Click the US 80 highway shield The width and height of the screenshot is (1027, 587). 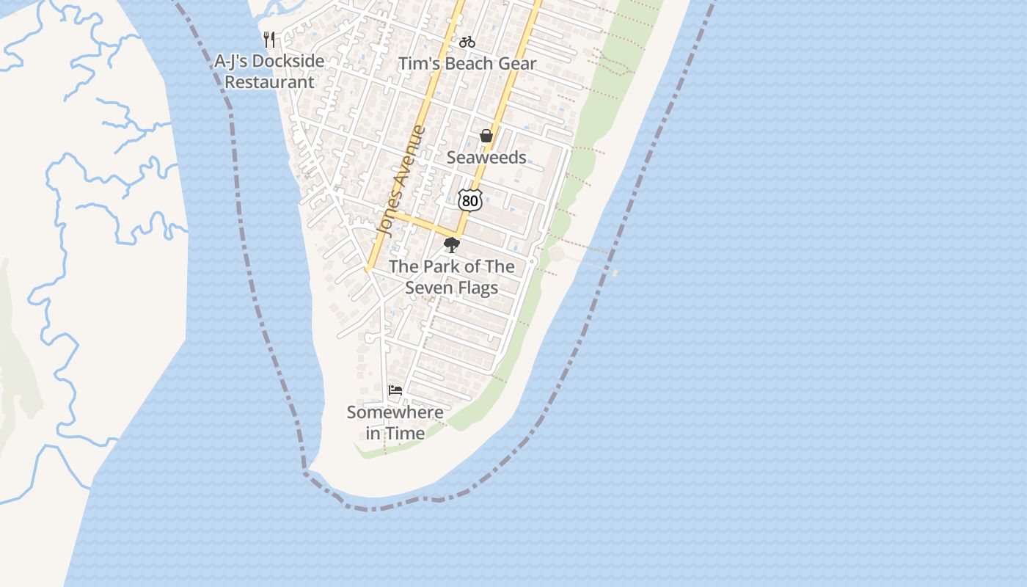(x=469, y=200)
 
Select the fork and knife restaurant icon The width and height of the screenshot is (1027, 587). (x=270, y=40)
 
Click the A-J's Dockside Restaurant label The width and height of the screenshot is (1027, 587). (x=269, y=72)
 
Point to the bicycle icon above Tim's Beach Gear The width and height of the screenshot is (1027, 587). (x=467, y=42)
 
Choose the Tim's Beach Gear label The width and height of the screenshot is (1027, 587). (x=467, y=64)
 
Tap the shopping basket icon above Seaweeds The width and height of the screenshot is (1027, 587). (x=486, y=136)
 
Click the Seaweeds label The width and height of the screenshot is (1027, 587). (x=486, y=158)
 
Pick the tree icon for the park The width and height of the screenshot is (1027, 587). (x=452, y=245)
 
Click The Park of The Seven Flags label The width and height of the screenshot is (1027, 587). (x=451, y=277)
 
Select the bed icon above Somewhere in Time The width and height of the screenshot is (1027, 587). (x=395, y=390)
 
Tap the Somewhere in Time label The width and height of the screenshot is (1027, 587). (x=395, y=423)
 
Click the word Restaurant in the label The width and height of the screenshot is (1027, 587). (x=269, y=82)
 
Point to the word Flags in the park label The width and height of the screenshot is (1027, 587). (x=478, y=288)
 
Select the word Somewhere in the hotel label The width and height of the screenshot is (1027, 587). (x=395, y=412)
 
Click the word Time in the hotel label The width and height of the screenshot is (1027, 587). (x=406, y=434)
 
